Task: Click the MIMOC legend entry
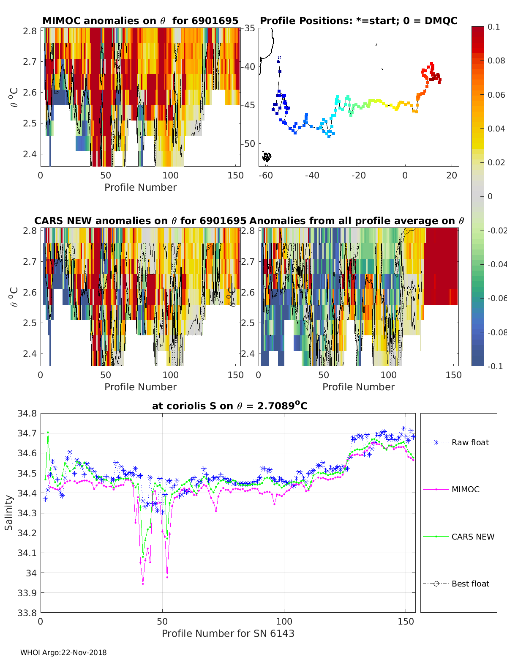click(x=465, y=489)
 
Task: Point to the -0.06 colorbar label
click(x=496, y=298)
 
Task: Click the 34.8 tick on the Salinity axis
click(x=27, y=414)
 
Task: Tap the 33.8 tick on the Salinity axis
click(x=27, y=612)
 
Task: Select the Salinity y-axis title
click(x=9, y=513)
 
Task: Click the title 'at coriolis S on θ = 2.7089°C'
click(x=229, y=406)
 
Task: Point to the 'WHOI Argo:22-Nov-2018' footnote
click(x=63, y=652)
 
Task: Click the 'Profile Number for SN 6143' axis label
click(x=228, y=633)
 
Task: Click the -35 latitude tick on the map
click(x=249, y=28)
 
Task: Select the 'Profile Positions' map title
click(x=358, y=21)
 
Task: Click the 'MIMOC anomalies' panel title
click(x=140, y=21)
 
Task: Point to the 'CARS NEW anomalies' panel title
click(x=140, y=221)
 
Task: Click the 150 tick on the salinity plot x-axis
click(x=406, y=621)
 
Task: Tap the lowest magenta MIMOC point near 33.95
click(x=143, y=584)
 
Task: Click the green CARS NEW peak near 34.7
click(x=48, y=433)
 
